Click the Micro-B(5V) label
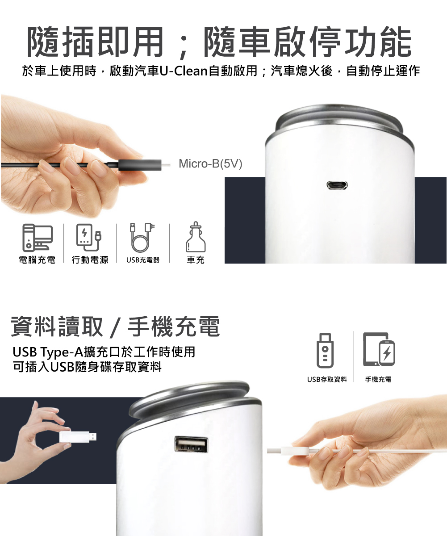tap(210, 164)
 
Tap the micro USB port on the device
tap(337, 185)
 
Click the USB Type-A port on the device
tap(191, 444)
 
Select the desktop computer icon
tap(38, 238)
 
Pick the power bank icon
tap(89, 238)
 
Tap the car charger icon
tap(196, 237)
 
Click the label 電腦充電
tap(37, 260)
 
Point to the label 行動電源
tap(90, 260)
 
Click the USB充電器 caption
tap(142, 260)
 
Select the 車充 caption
tap(196, 260)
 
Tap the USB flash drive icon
tap(325, 351)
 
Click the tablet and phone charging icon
tap(379, 350)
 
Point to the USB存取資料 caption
tap(327, 379)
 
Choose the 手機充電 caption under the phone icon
tap(378, 379)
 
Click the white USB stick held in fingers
tap(78, 437)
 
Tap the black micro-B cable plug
tap(140, 164)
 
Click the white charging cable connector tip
tap(274, 451)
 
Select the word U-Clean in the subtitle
tap(184, 71)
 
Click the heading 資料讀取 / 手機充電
tap(116, 327)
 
